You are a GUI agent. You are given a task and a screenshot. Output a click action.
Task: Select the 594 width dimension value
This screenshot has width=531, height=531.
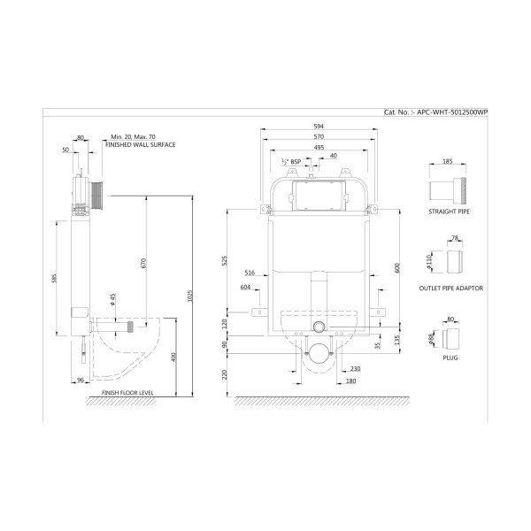319,127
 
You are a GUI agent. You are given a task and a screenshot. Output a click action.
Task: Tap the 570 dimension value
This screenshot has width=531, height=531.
319,137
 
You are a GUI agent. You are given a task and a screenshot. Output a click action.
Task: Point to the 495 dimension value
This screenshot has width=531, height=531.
319,147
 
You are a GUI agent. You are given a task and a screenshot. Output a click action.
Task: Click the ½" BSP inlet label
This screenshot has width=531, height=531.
291,162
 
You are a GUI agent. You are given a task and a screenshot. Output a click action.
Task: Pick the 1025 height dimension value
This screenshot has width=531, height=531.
189,296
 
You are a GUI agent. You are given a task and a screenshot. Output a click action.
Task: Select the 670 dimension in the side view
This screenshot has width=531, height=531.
143,264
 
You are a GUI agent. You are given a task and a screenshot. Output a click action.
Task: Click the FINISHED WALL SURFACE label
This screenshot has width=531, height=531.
140,144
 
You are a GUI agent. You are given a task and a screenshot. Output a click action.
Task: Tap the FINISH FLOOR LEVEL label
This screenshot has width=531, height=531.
127,393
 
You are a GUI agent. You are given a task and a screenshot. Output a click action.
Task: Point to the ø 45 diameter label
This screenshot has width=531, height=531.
113,299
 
